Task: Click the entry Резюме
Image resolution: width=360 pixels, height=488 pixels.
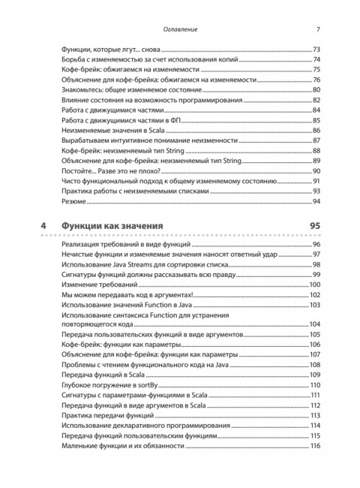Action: point(73,202)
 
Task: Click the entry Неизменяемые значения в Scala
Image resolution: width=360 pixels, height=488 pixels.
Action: point(107,131)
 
